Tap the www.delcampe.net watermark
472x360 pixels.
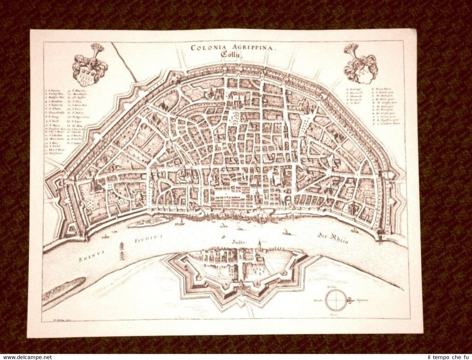pyautogui.click(x=26, y=357)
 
